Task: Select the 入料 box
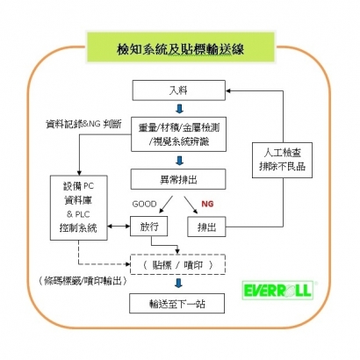tap(178, 90)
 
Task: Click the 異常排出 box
tap(178, 179)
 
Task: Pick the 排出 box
tap(206, 227)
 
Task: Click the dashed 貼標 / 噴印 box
tap(178, 264)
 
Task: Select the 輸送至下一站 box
tap(178, 303)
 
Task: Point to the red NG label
tap(207, 203)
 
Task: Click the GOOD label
tap(144, 203)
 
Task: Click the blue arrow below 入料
tap(178, 109)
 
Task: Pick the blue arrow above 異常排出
tap(178, 160)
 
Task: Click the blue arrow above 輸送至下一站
tap(178, 284)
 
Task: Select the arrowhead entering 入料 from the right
tap(230, 90)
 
